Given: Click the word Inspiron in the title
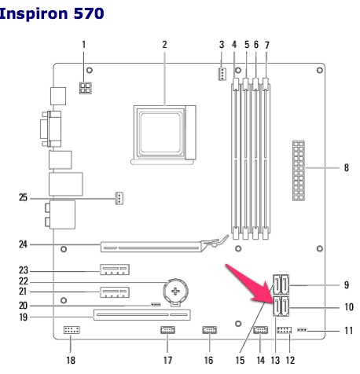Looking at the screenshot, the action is [34, 14].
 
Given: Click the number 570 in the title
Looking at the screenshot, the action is [89, 13].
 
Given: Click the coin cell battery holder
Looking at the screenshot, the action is [176, 291].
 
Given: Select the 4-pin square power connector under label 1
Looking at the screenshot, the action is [85, 88].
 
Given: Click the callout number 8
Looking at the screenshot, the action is [347, 167].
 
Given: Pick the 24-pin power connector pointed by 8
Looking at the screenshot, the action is [299, 170].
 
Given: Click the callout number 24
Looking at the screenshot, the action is [23, 244].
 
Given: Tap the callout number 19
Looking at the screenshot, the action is [24, 317].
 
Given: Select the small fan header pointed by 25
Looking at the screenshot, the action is [119, 198].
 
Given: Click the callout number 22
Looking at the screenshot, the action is [24, 281].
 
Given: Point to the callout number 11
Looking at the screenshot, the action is [349, 331].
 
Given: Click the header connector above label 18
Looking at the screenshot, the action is [72, 330].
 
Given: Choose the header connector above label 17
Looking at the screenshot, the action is [167, 330].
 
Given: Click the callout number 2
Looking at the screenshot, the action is [164, 45].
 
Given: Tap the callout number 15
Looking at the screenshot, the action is [240, 360].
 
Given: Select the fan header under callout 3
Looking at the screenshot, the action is [222, 74].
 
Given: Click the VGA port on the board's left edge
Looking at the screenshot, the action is [51, 129].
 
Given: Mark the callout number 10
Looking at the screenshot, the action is [349, 306].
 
